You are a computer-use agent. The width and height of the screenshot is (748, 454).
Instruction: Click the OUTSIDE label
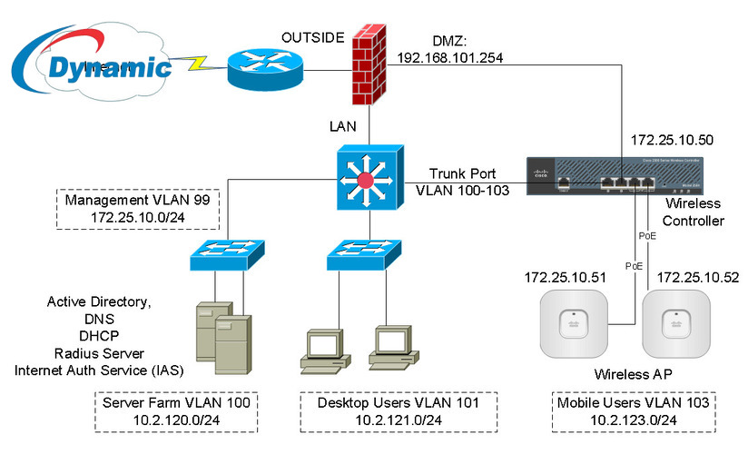312,37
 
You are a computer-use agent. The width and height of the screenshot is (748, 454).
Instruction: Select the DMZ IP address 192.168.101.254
450,57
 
